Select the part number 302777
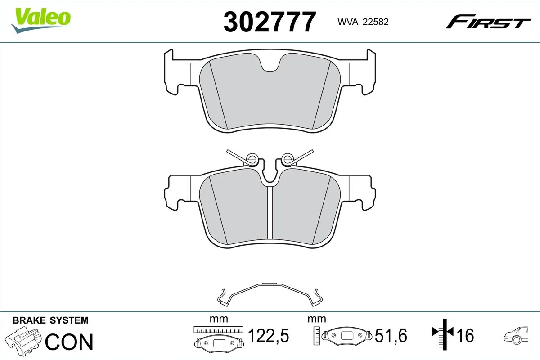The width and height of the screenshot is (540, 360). [x=269, y=22]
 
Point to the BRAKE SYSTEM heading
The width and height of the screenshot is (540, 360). [x=50, y=320]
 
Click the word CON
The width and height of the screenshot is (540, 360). [x=69, y=342]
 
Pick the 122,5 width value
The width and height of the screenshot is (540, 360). [x=268, y=335]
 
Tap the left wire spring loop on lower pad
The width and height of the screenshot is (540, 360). [x=252, y=158]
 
